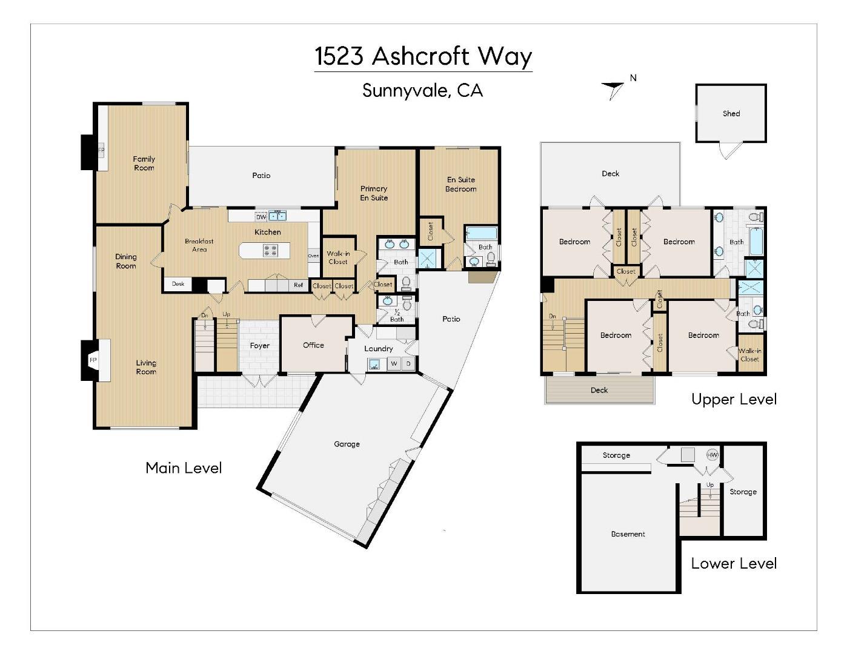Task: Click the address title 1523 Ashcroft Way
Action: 423,56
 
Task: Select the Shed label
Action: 731,113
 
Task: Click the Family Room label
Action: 144,163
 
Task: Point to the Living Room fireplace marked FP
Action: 93,360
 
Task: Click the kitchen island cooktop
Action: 270,250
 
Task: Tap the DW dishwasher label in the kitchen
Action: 261,217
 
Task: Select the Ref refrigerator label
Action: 298,285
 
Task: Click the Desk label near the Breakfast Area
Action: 178,284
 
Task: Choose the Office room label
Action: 313,345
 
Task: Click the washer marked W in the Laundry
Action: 394,364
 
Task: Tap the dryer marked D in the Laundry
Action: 408,364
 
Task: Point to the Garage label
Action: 347,444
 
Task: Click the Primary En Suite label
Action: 374,193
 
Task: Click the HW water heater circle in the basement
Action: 712,455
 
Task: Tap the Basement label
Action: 628,534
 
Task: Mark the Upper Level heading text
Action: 734,399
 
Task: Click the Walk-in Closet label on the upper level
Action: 749,355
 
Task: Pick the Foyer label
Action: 259,346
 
